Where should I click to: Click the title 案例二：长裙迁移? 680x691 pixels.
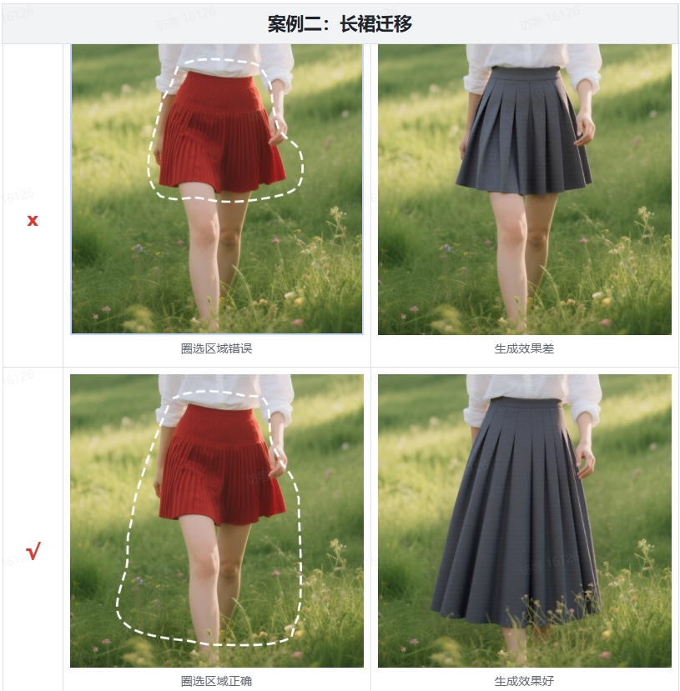340,23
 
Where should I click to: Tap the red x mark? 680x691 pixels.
33,220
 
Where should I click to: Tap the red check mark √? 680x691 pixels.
33,551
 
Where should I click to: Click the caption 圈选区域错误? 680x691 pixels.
216,348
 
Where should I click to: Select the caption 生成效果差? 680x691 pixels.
524,348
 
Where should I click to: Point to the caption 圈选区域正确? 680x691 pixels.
216,681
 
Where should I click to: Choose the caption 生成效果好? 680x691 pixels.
524,681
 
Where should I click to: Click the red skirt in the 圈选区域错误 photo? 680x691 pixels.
220,138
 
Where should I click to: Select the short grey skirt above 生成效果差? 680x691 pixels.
523,138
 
